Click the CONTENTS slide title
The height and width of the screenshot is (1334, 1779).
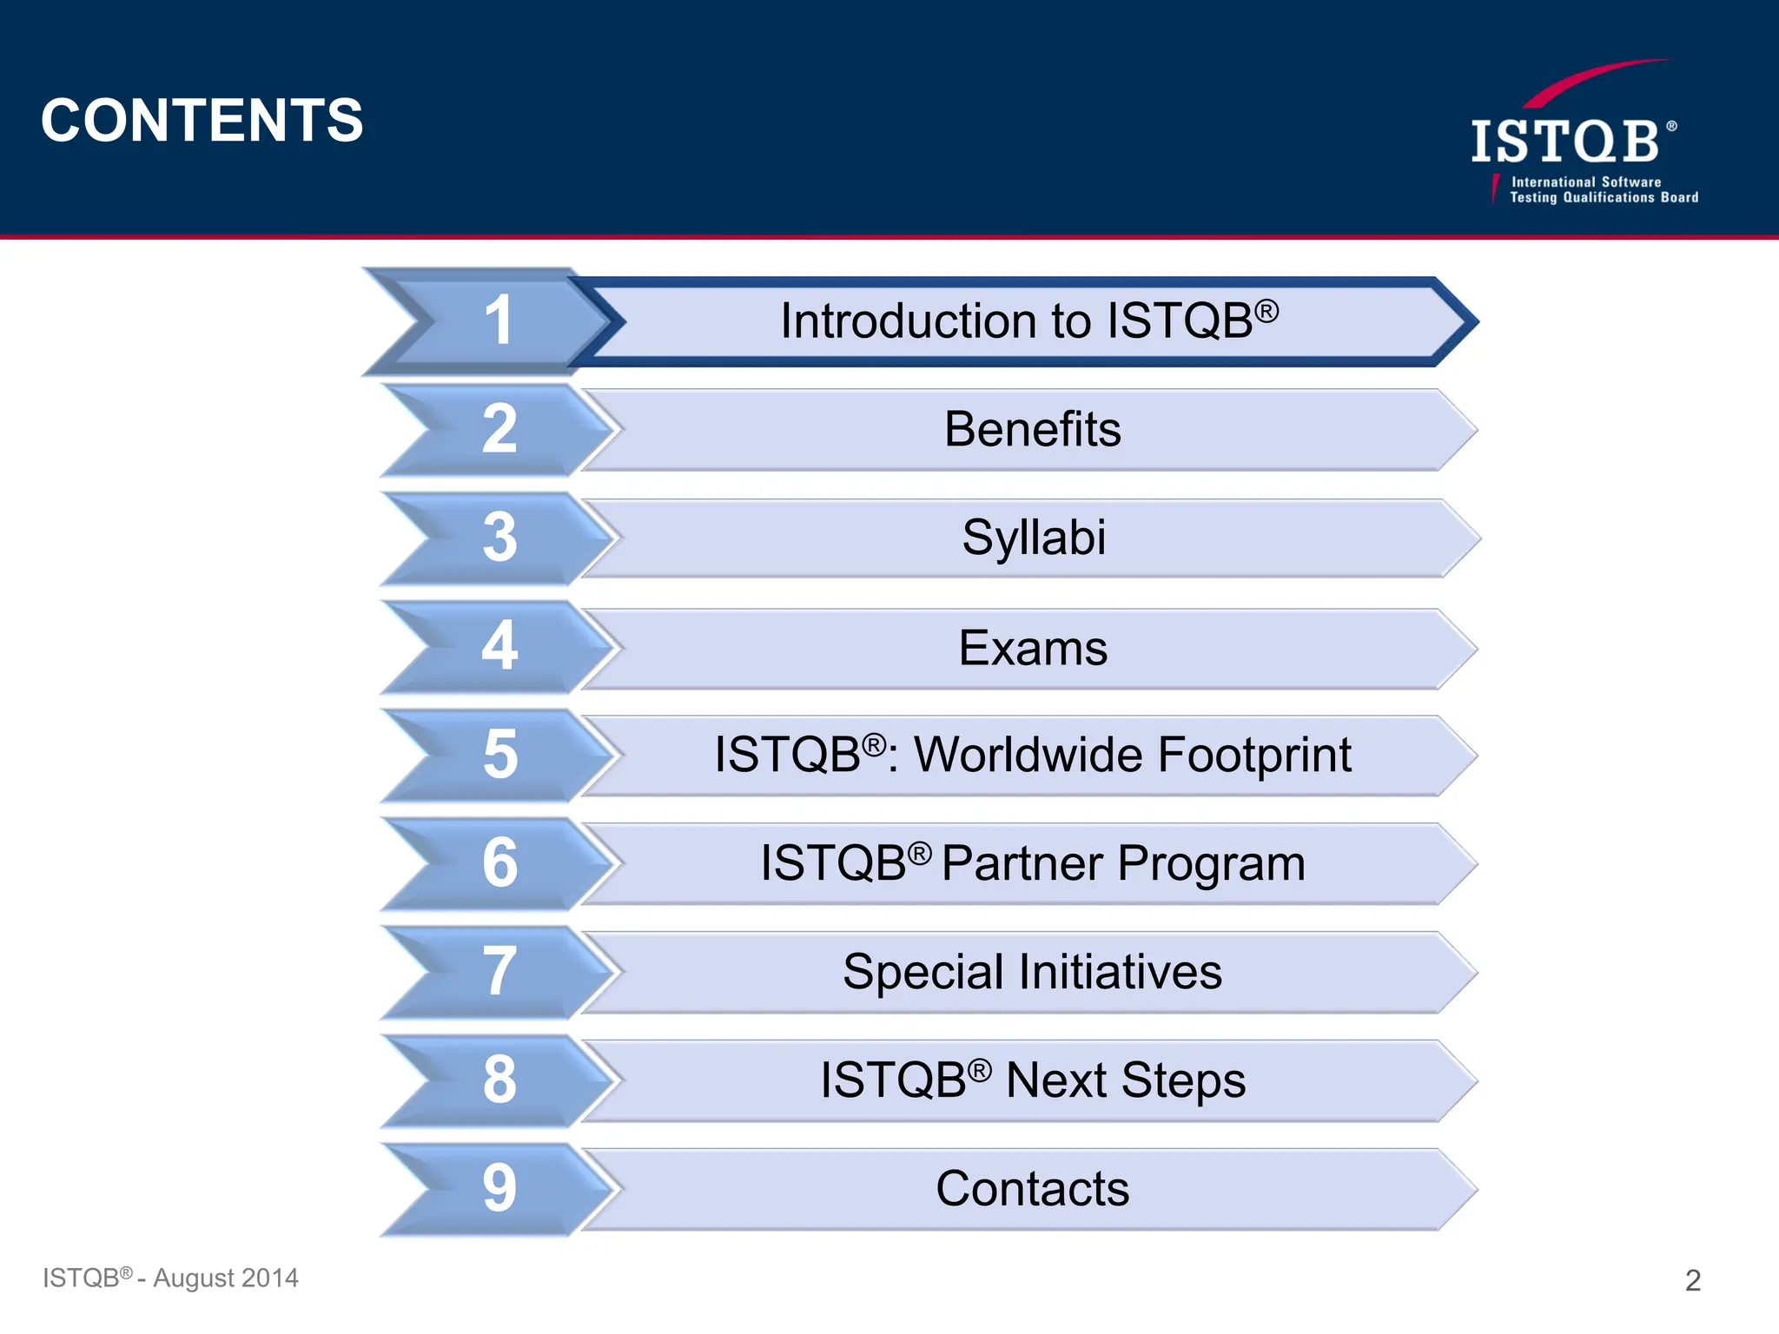click(x=202, y=120)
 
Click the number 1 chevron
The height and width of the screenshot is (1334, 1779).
click(x=498, y=320)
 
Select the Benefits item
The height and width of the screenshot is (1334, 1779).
click(x=1032, y=429)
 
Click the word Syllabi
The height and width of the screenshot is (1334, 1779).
click(x=1034, y=538)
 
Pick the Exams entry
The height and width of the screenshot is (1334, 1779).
click(x=1032, y=648)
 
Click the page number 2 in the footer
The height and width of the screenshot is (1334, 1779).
click(x=1692, y=1280)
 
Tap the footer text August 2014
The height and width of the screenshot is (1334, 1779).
click(x=225, y=1278)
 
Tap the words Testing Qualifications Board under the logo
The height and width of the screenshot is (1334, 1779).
click(x=1604, y=198)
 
